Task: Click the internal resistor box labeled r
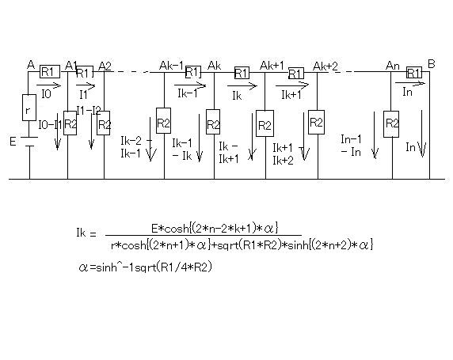click(x=29, y=108)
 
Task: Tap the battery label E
click(x=13, y=142)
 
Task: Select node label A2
click(x=105, y=66)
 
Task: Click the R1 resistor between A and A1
click(x=50, y=71)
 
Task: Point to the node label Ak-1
click(x=171, y=66)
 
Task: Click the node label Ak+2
click(x=325, y=66)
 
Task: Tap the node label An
click(x=392, y=66)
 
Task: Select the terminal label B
click(x=432, y=64)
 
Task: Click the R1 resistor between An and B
click(x=414, y=73)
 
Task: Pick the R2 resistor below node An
click(x=391, y=124)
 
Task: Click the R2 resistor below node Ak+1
click(x=265, y=123)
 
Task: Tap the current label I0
click(x=46, y=94)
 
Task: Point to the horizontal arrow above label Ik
click(x=242, y=85)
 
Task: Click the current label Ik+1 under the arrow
click(x=291, y=95)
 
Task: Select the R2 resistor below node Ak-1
click(x=163, y=121)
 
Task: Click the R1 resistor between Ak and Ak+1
click(x=242, y=73)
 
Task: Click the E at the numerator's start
click(x=154, y=229)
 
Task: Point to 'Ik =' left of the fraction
click(x=86, y=233)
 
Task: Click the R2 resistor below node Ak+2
click(x=316, y=122)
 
